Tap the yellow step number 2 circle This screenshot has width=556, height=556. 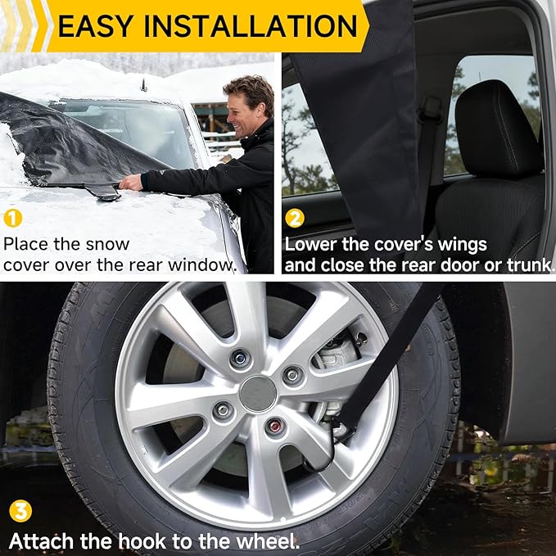pos(296,219)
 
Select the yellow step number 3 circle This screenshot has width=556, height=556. pos(21,512)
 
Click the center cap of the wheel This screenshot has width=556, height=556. pos(259,393)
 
